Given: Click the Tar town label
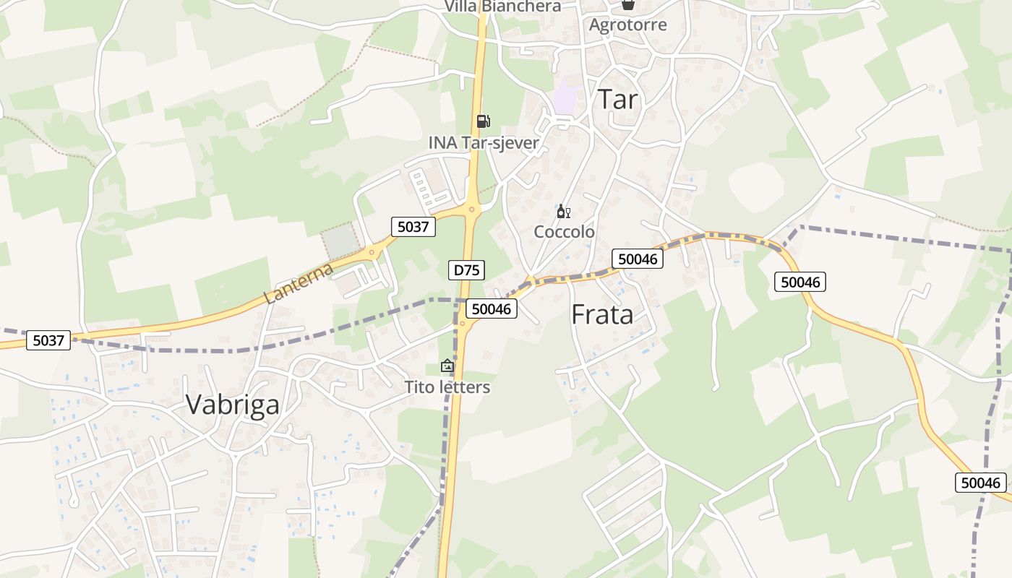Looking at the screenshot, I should [618, 99].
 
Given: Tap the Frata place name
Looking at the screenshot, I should [602, 314].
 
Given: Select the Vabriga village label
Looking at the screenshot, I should [232, 405].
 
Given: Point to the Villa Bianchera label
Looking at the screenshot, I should [502, 7].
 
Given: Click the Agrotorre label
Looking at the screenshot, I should [627, 25].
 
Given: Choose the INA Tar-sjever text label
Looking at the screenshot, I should [484, 143].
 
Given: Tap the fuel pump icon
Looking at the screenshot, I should [483, 121].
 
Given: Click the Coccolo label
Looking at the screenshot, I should [564, 232].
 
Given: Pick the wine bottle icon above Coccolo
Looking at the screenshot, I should [562, 212].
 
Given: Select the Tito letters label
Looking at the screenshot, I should [447, 387].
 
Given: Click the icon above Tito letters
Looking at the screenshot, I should [447, 366].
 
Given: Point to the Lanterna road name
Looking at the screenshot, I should [298, 283].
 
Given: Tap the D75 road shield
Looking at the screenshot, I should [466, 271].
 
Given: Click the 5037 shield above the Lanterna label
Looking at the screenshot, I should [413, 227].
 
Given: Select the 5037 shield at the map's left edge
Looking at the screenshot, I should [48, 340].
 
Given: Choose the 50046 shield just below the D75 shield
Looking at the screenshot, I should [491, 309].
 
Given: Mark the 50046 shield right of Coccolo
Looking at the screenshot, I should [637, 259].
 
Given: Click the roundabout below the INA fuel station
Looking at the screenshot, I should [471, 210].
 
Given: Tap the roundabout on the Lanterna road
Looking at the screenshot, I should [372, 252].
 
